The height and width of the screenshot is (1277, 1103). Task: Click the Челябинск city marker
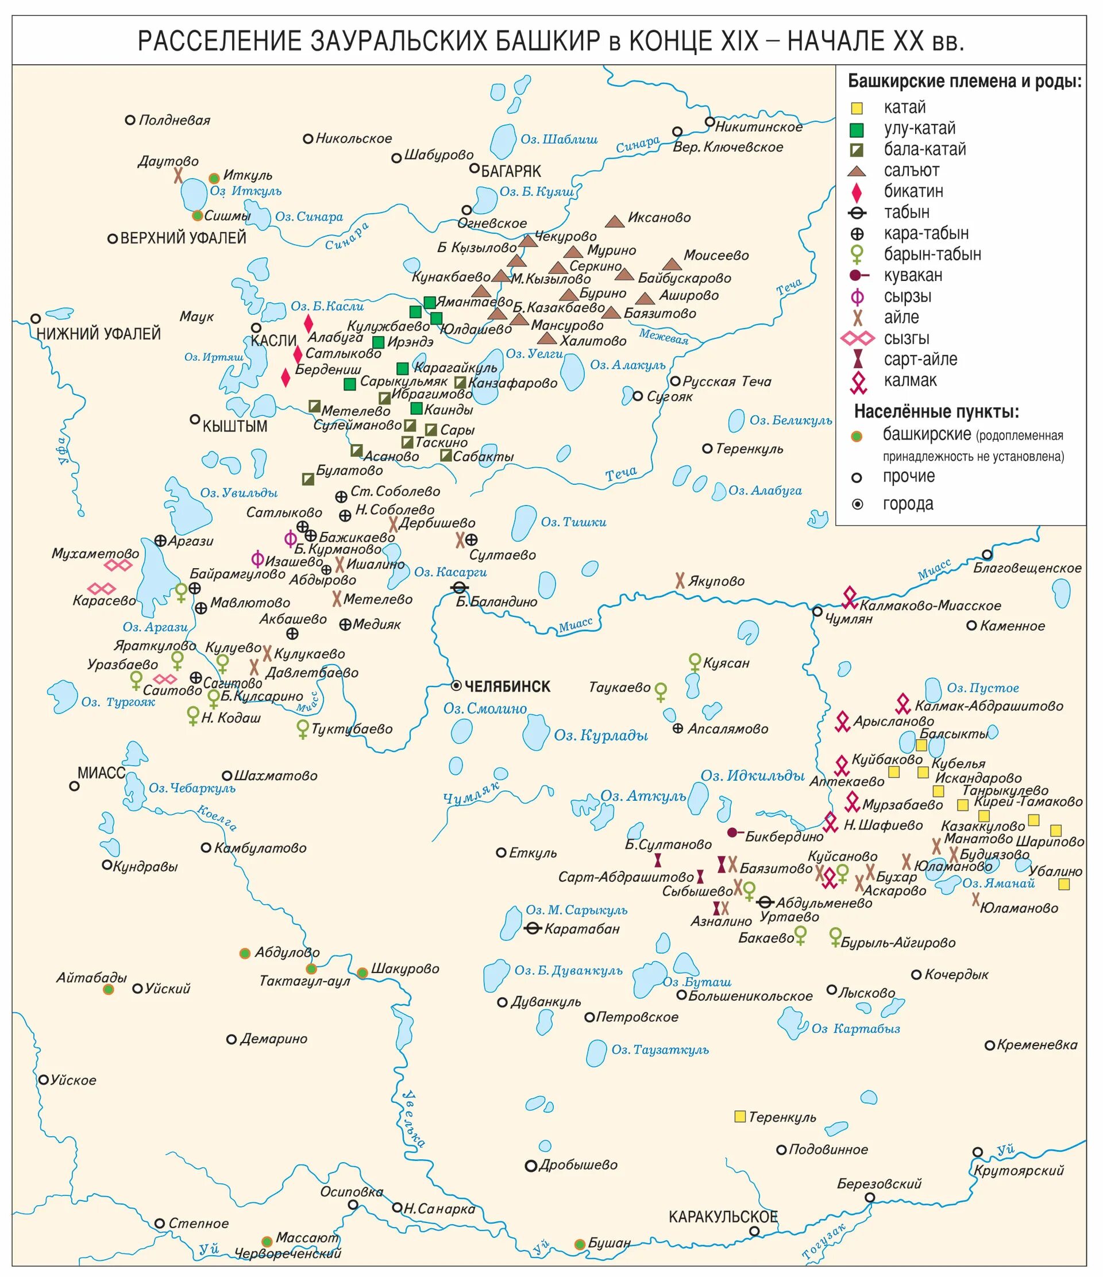[x=456, y=686]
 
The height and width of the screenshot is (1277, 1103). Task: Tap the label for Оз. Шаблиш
[x=559, y=139]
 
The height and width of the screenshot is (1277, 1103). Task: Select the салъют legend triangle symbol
[x=857, y=171]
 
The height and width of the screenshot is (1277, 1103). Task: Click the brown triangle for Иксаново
[x=614, y=221]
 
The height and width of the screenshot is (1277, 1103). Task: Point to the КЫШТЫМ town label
[x=235, y=426]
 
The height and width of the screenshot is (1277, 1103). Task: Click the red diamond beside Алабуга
[x=308, y=323]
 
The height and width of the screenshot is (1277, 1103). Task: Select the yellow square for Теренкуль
[x=740, y=1116]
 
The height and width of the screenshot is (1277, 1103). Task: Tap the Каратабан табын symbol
[x=533, y=928]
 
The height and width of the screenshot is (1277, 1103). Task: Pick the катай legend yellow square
[x=857, y=109]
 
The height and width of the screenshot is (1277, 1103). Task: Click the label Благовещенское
[x=1027, y=568]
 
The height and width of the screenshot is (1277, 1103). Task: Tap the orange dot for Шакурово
[x=362, y=973]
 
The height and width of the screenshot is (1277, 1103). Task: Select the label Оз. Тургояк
[x=118, y=703]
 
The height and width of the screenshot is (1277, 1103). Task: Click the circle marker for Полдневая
[x=130, y=120]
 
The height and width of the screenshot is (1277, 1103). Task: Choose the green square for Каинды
[x=416, y=408]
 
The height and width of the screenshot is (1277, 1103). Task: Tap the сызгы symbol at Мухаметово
[x=118, y=565]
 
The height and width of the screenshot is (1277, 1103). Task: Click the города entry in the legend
[x=908, y=504]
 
